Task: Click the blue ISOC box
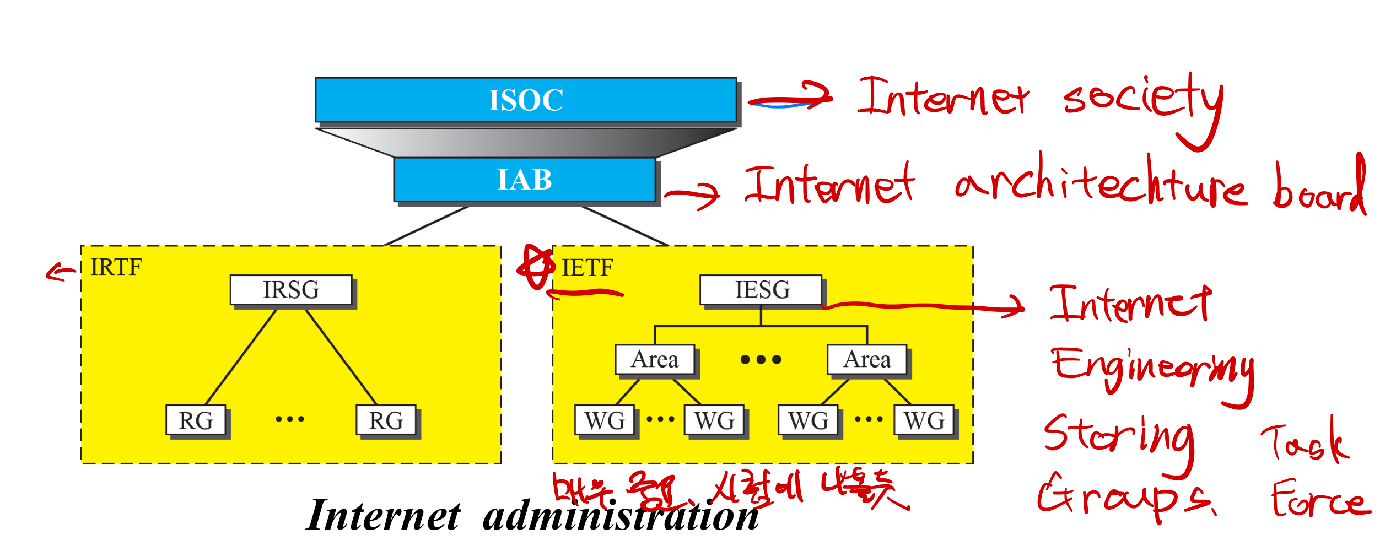point(526,100)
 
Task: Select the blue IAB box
point(524,180)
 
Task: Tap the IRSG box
point(291,290)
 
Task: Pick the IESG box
point(761,290)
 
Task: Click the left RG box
point(196,421)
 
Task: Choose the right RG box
point(386,421)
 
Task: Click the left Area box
point(655,360)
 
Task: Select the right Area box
point(867,360)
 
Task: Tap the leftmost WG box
point(605,421)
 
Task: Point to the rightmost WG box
point(924,421)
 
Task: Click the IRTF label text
point(116,267)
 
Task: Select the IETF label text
point(587,268)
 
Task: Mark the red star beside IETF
point(536,267)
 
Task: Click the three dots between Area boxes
point(761,360)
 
